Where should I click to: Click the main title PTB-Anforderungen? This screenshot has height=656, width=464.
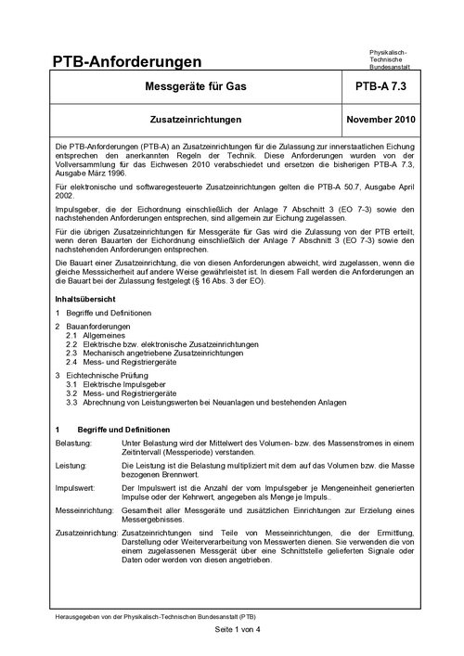128,61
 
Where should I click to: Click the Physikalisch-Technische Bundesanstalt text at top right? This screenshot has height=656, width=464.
394,58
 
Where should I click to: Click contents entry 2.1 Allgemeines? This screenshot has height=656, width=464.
102,336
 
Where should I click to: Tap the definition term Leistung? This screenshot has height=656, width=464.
71,468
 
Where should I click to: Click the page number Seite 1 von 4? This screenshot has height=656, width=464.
231,630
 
